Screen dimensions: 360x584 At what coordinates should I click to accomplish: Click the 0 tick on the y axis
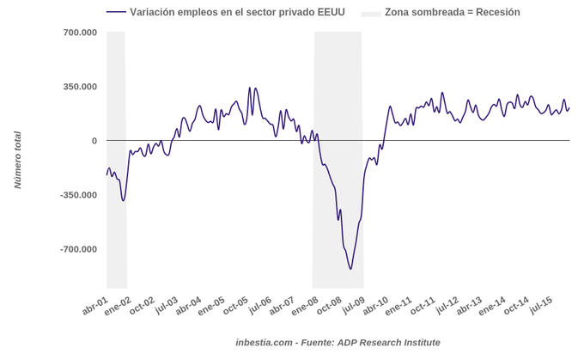(x=94, y=141)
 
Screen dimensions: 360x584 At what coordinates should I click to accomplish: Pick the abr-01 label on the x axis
(x=95, y=307)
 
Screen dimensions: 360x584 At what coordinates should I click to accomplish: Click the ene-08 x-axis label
(x=306, y=307)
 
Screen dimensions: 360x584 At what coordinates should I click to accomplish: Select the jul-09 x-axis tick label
(x=353, y=306)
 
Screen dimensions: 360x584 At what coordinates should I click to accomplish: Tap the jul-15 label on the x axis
(x=540, y=306)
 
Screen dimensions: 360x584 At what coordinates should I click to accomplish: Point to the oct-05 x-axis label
(x=235, y=307)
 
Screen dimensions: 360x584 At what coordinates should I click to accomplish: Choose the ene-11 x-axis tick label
(x=399, y=307)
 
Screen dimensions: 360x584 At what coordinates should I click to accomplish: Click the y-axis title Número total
(x=17, y=160)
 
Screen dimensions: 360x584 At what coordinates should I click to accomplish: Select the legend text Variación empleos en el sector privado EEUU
(x=237, y=12)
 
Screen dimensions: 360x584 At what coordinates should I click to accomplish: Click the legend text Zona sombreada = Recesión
(x=452, y=12)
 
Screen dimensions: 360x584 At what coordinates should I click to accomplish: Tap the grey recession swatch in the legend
(x=370, y=12)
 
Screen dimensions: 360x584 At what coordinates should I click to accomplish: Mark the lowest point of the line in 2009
(x=350, y=269)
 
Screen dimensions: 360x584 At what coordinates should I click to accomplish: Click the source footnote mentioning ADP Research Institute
(x=338, y=342)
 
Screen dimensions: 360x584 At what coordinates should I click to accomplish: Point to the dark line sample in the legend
(x=116, y=12)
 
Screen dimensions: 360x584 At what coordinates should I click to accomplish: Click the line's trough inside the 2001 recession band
(x=124, y=200)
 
